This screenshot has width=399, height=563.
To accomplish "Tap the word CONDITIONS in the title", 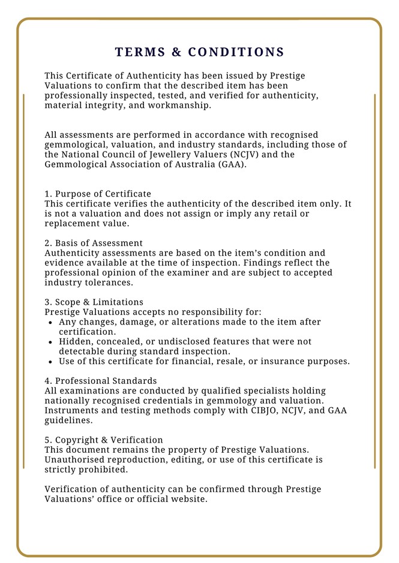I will click(x=236, y=52).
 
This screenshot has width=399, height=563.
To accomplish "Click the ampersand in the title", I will click(x=176, y=52).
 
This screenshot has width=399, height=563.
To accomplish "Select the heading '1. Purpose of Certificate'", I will click(x=98, y=194).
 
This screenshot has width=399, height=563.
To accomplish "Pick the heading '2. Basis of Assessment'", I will click(x=94, y=243).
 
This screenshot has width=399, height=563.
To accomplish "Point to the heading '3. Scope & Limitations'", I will click(x=94, y=302).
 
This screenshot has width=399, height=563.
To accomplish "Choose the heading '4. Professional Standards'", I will click(x=101, y=381).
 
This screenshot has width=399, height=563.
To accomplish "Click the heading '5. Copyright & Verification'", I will click(x=104, y=440).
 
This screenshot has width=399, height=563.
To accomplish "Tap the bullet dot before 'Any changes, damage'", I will click(x=51, y=322).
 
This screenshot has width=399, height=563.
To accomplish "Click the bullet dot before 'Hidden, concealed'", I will click(x=51, y=342).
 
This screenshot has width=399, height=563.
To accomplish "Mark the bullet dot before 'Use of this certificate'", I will click(x=51, y=362).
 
